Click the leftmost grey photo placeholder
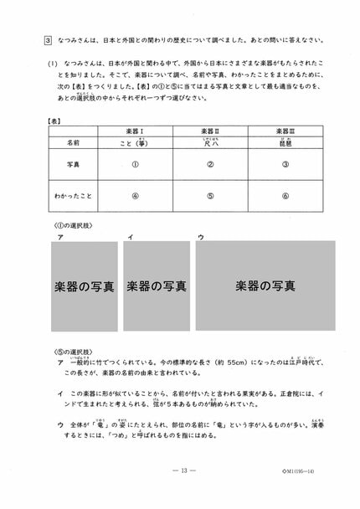(84, 286)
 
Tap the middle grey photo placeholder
(157, 286)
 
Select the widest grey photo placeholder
(265, 286)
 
